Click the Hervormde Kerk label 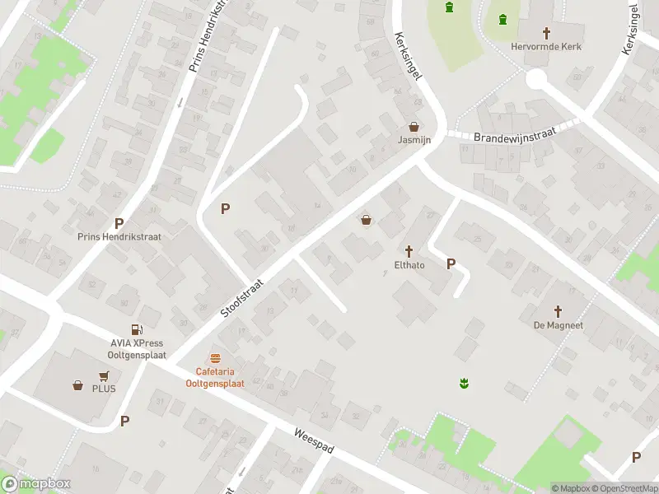tap(546, 47)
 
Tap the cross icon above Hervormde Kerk tap(546, 33)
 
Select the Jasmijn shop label tap(414, 141)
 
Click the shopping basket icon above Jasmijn tap(414, 127)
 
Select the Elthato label tap(409, 265)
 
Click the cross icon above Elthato tap(409, 250)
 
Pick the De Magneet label tap(558, 325)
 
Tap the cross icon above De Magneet tap(558, 311)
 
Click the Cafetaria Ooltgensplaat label tap(215, 377)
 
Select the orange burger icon tap(215, 358)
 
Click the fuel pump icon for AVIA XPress tap(146, 330)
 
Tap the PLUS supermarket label tap(105, 389)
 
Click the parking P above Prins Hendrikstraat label tap(119, 223)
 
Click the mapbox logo tap(35, 483)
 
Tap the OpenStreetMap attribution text tap(624, 488)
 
